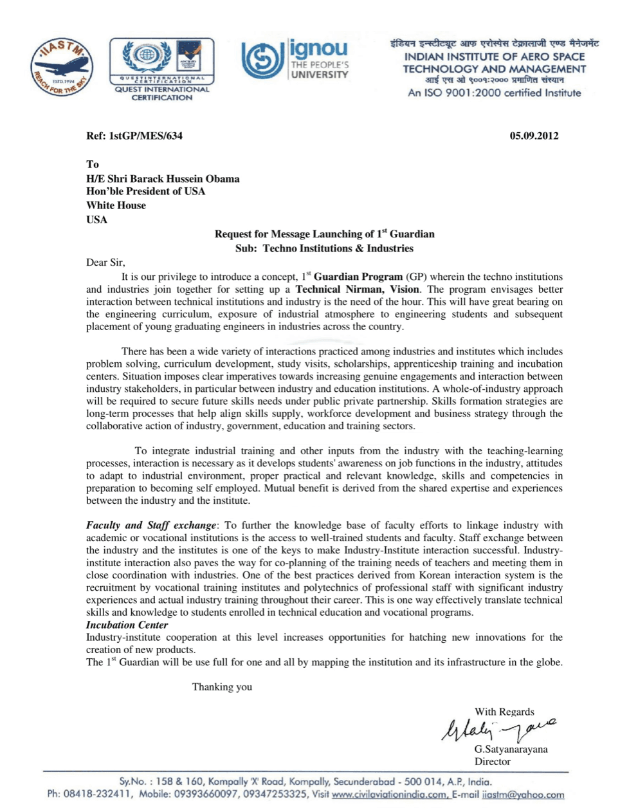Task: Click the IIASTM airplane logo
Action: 62,68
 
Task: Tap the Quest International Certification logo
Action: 162,69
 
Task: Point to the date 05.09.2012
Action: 534,136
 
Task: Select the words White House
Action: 116,205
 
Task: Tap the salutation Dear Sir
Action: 105,263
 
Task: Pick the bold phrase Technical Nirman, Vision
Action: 357,290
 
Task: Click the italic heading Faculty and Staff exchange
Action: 151,526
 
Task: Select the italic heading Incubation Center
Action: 127,625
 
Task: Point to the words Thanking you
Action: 222,687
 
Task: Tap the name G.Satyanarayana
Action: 511,749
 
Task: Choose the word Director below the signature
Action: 492,762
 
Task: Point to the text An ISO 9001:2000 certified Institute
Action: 494,93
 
